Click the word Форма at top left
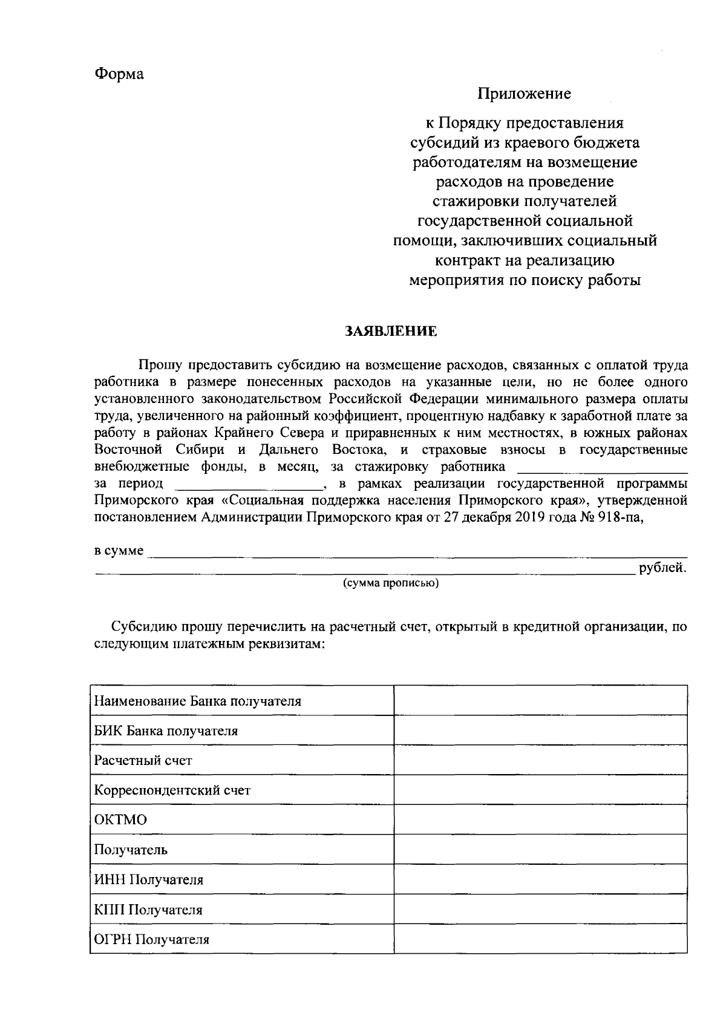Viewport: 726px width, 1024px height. (119, 74)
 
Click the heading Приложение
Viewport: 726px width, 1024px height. (524, 94)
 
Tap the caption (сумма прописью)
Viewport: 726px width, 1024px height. (390, 583)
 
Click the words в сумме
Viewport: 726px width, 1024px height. (119, 551)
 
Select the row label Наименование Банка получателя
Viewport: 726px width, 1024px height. (198, 701)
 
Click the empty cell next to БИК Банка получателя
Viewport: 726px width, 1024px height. (540, 730)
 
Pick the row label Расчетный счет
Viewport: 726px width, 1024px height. (143, 760)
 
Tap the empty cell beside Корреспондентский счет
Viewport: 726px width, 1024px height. (540, 790)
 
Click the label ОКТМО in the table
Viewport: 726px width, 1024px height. (121, 820)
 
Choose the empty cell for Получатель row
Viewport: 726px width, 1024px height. (540, 849)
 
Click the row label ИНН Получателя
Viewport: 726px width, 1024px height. (149, 879)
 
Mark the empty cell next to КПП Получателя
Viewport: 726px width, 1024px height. (540, 909)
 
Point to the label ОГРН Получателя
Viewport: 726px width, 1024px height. (152, 939)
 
